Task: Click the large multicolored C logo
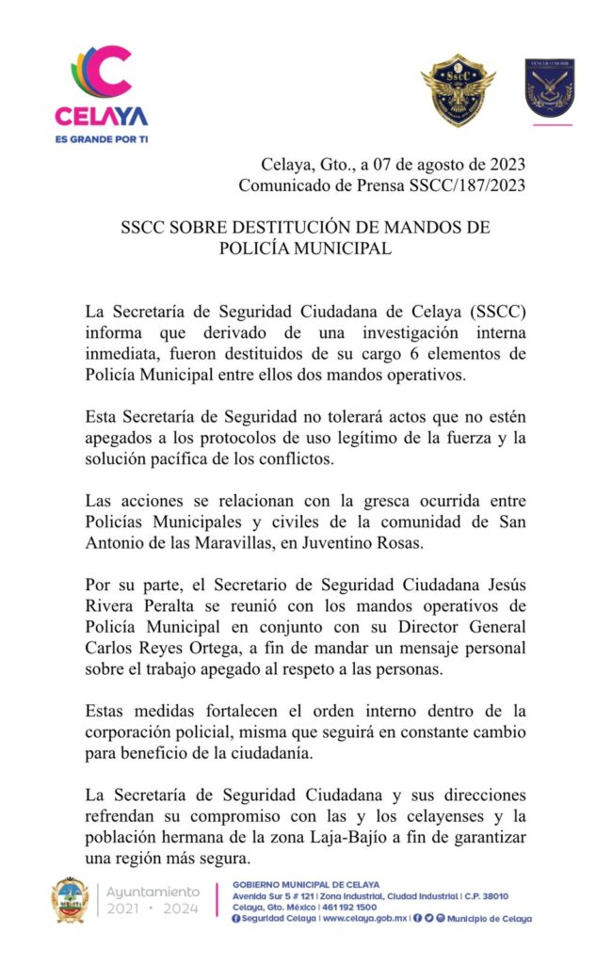(x=102, y=74)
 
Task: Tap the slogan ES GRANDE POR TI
(x=102, y=138)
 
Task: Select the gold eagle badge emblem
(x=458, y=90)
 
